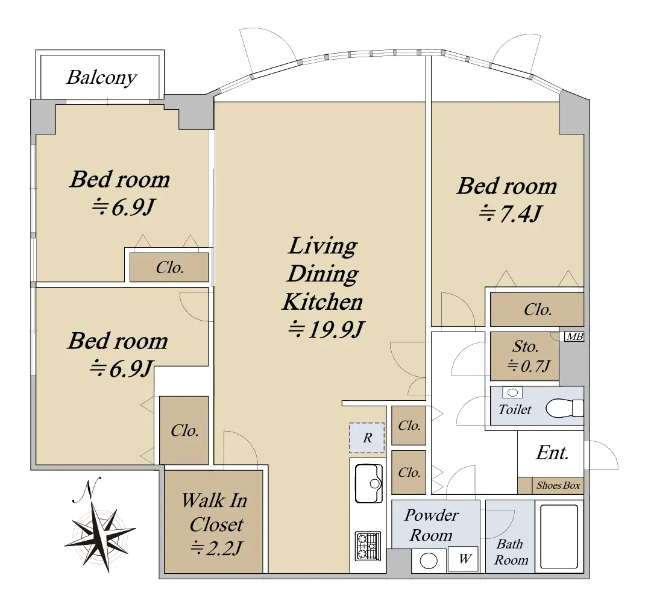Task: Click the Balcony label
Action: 102,77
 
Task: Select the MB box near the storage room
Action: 574,336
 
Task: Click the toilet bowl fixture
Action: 564,408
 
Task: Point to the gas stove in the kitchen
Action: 368,546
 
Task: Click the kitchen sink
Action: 368,483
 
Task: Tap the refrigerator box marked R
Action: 367,438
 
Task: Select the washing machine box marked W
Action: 464,559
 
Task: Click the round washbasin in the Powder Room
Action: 429,561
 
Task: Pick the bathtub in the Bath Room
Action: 559,536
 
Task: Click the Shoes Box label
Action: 558,486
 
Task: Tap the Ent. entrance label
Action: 553,453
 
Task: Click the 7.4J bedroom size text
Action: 509,213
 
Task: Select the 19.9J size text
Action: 326,329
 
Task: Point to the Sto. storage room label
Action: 525,347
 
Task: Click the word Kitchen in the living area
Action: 322,302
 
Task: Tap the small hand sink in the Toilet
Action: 512,392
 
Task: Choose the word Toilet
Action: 515,409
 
